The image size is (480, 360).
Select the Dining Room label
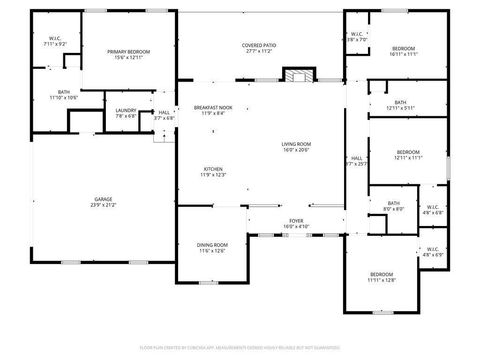click(x=212, y=248)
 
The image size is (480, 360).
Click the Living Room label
click(x=297, y=147)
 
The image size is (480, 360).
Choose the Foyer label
click(x=297, y=223)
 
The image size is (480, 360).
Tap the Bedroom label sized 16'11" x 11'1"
click(x=403, y=52)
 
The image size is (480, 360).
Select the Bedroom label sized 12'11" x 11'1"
click(x=409, y=155)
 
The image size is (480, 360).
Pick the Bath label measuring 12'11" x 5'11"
click(x=400, y=104)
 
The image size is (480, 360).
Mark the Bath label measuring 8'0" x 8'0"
click(x=394, y=206)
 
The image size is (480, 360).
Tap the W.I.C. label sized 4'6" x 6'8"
click(x=432, y=210)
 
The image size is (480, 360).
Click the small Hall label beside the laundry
click(x=163, y=115)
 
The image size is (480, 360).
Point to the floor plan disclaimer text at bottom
click(x=240, y=346)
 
